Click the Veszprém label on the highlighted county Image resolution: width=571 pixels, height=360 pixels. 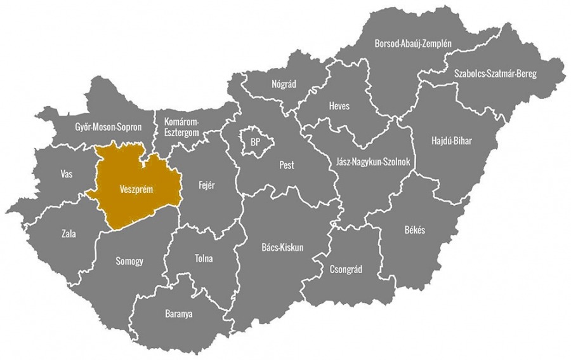point(136,189)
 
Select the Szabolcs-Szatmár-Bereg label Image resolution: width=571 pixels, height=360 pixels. point(495,74)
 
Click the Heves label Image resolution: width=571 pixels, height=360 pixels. point(339,106)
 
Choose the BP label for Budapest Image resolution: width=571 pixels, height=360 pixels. point(256,141)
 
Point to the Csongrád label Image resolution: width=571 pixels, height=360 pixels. point(346,269)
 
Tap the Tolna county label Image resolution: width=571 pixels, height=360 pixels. point(204,259)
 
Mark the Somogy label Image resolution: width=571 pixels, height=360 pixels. point(129,261)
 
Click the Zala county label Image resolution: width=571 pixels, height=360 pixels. point(69,234)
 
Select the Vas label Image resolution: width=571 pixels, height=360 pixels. point(66,173)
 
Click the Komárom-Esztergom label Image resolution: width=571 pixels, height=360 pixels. point(182,126)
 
